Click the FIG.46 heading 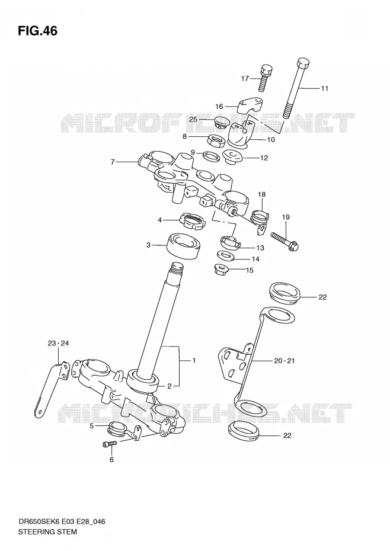[x=37, y=31]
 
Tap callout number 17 [x=245, y=78]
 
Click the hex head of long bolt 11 [x=303, y=63]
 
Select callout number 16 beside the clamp [x=219, y=106]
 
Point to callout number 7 [x=113, y=162]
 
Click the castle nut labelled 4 [x=191, y=222]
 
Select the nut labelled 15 [x=221, y=270]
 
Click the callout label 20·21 [x=284, y=361]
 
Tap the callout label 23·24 [x=58, y=343]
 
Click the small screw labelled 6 [x=109, y=444]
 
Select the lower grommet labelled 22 [x=244, y=431]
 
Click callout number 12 [x=264, y=158]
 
